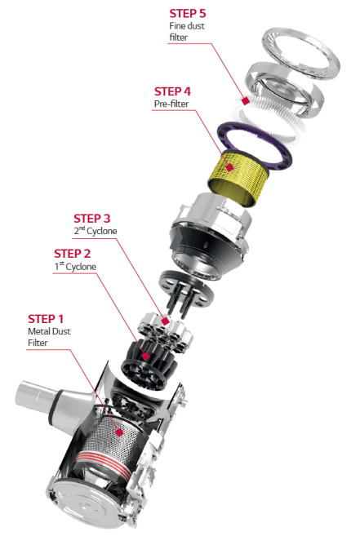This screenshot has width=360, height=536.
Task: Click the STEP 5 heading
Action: click(x=188, y=13)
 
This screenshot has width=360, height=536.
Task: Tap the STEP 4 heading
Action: click(x=172, y=91)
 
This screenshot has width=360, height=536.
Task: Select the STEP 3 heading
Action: click(x=92, y=219)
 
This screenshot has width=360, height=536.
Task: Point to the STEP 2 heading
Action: click(x=72, y=254)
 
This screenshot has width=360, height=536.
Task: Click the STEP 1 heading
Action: click(x=46, y=319)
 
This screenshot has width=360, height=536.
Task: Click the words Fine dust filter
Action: click(x=187, y=32)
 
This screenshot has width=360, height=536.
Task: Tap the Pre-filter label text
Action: click(x=171, y=104)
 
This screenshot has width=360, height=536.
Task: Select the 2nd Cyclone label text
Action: click(x=96, y=231)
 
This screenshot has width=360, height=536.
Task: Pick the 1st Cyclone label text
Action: click(x=75, y=266)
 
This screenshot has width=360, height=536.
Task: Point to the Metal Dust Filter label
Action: click(x=49, y=337)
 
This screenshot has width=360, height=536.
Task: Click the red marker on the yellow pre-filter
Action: click(x=229, y=167)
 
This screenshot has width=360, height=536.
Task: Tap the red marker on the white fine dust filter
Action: click(x=245, y=100)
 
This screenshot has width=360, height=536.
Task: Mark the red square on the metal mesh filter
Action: click(x=119, y=432)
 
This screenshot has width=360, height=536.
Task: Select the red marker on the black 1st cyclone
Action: click(x=146, y=357)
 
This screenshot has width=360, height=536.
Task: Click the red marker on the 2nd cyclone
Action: click(x=165, y=321)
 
